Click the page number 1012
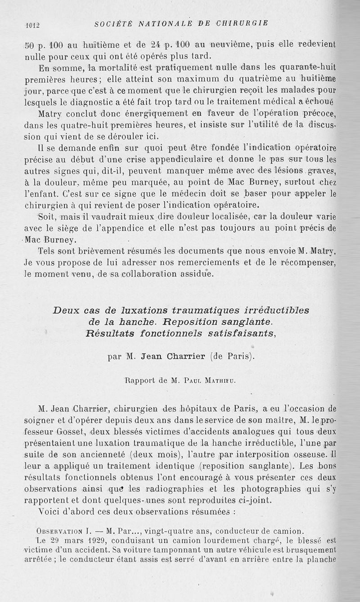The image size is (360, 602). tap(32, 25)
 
